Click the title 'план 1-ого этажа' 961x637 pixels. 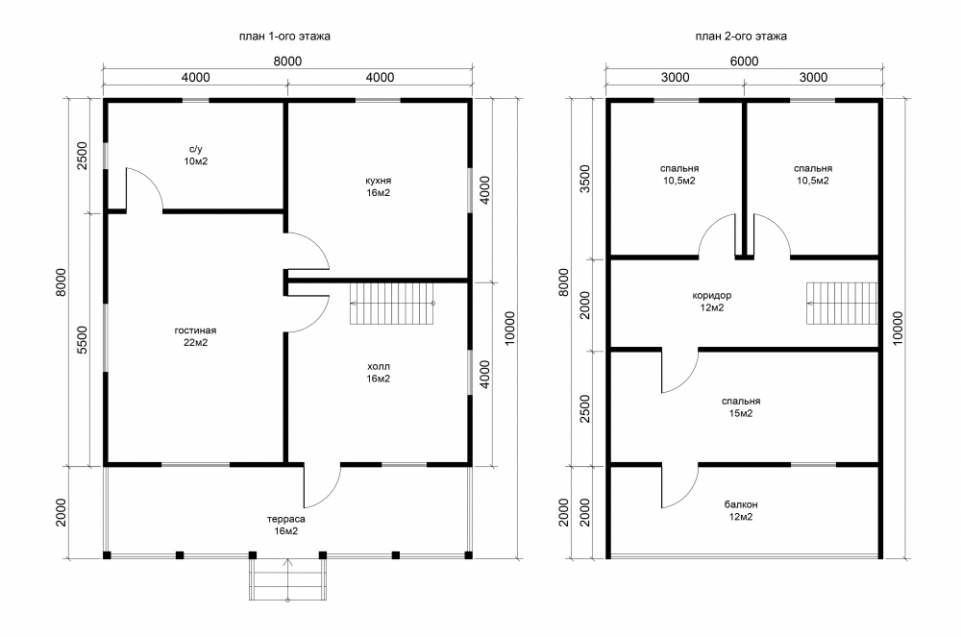pos(284,37)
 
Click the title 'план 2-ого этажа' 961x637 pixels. pos(741,37)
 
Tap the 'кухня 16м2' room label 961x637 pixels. pos(378,186)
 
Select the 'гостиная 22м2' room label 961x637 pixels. pos(195,336)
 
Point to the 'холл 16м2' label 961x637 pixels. pos(378,373)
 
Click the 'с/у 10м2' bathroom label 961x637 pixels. pos(195,155)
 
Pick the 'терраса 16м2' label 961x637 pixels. pos(286,525)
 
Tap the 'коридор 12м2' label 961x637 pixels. pos(711,302)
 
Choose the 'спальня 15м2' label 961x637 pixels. pos(741,407)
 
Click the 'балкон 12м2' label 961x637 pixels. pos(741,510)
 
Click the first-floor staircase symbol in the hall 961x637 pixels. pos(392,304)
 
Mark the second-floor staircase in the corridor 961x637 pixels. pos(842,304)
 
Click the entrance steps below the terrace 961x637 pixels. pos(286,579)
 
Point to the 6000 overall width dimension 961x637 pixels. pos(744,61)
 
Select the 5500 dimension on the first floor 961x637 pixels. pos(83,340)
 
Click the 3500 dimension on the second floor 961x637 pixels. pos(584,179)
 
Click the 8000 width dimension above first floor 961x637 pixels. pos(287,61)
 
